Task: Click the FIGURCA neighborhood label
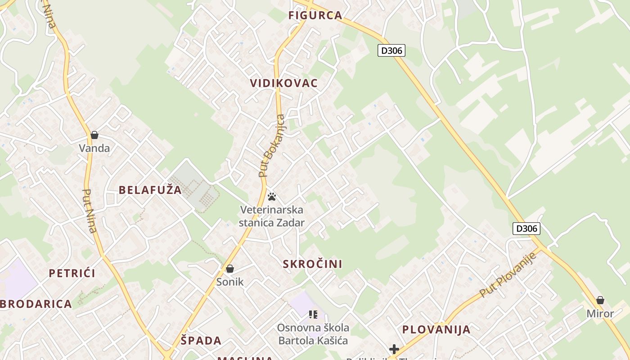tap(315, 15)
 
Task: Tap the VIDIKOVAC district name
tap(283, 83)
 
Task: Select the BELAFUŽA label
tap(150, 190)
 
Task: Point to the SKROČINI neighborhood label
tap(312, 264)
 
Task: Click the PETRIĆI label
tap(72, 273)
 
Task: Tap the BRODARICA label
tap(36, 304)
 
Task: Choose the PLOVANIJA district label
tap(436, 329)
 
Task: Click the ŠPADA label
tap(201, 341)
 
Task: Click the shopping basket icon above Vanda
tap(94, 135)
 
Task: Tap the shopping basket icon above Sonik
tap(230, 269)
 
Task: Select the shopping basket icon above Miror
tap(600, 300)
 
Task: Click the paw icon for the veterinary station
tap(272, 197)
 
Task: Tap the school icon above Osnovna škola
tap(313, 315)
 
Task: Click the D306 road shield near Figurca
tap(391, 50)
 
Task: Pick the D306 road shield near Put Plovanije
tap(526, 229)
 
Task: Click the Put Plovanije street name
tap(508, 275)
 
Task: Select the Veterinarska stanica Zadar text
tap(272, 216)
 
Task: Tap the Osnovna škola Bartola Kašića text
tap(313, 334)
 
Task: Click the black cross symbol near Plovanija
tap(394, 349)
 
